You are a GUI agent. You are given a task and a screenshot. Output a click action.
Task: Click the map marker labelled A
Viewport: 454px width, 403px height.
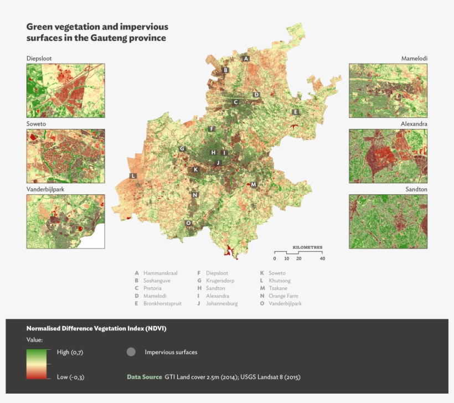[x=246, y=58]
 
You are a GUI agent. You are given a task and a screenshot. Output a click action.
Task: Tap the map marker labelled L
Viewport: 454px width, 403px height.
[x=133, y=175]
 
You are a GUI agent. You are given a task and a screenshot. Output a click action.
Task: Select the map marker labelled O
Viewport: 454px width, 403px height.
[x=188, y=223]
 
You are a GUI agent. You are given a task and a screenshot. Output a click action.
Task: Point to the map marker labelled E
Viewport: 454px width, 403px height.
[x=296, y=112]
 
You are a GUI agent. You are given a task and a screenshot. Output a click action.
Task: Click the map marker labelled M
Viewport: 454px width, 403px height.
[x=254, y=184]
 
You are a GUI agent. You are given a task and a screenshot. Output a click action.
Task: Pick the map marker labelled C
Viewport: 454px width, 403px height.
[x=235, y=102]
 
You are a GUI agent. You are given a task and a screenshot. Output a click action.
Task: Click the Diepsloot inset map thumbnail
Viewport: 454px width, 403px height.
[x=65, y=90]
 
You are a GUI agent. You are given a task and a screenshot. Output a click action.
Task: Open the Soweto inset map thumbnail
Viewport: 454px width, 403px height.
[x=65, y=156]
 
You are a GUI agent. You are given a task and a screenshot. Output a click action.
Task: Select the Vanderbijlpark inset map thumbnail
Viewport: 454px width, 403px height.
[x=65, y=221]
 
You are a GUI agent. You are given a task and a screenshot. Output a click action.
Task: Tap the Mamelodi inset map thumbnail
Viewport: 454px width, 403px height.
[x=388, y=90]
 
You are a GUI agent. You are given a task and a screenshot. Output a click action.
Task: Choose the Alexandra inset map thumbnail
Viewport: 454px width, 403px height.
[x=388, y=156]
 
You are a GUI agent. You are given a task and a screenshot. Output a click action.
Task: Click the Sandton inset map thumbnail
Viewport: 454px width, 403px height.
[x=388, y=221]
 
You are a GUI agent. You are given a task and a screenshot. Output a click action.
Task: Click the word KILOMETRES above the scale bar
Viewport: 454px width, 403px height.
[x=307, y=247]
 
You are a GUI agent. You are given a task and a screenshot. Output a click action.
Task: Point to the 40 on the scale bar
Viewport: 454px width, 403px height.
[x=322, y=259]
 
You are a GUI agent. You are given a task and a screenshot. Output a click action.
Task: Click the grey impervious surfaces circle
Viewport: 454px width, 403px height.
[x=131, y=352]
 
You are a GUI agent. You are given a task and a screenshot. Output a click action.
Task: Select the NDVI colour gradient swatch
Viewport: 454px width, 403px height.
[x=38, y=364]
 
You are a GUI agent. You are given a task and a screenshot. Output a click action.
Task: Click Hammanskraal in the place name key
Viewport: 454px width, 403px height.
[x=160, y=273]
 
